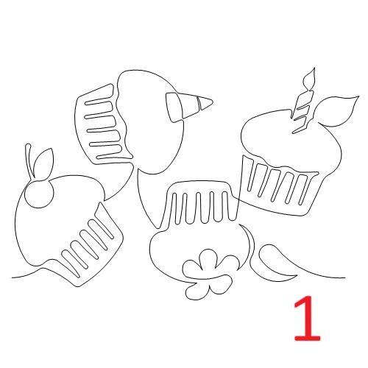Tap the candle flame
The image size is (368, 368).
pyautogui.click(x=309, y=78)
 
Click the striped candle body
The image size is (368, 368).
pyautogui.click(x=302, y=111)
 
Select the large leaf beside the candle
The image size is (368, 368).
pyautogui.click(x=336, y=111)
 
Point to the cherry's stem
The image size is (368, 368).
pyautogui.click(x=29, y=161)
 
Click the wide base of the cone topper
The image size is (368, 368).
pyautogui.click(x=174, y=107)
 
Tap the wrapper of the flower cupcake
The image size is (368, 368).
pyautogui.click(x=199, y=204)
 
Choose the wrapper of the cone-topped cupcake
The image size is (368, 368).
pyautogui.click(x=103, y=125)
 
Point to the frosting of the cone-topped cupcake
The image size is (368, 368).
pyautogui.click(x=152, y=123)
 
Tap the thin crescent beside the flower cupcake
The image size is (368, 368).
pyautogui.click(x=251, y=248)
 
